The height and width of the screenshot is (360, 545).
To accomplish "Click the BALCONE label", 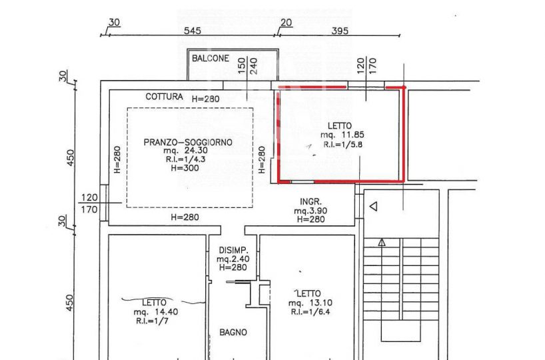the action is (211, 58).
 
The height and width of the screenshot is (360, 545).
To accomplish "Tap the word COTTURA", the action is (164, 97).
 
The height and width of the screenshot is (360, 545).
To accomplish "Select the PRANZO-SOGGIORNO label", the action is (188, 142).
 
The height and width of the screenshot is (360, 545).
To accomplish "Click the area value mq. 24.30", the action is (186, 151).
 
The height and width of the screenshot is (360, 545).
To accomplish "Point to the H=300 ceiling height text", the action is (185, 168).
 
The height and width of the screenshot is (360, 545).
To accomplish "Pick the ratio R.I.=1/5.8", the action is (342, 144).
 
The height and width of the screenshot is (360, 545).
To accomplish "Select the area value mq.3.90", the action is (310, 211).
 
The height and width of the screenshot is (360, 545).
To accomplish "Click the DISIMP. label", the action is (234, 250).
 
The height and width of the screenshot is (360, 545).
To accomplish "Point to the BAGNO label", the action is (233, 333).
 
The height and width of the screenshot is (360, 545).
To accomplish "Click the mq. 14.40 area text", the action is (156, 312).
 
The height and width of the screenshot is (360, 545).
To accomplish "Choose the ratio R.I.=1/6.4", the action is (310, 311).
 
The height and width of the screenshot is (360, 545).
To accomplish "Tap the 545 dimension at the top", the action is (192, 31).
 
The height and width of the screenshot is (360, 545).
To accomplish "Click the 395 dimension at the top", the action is (340, 31).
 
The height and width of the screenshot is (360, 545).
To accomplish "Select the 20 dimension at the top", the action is (286, 23).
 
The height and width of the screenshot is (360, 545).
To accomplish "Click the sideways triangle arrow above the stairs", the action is (373, 207).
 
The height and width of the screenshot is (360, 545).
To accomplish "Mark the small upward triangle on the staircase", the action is (382, 243).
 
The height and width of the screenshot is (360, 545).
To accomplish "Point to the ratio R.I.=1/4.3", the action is (186, 159).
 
